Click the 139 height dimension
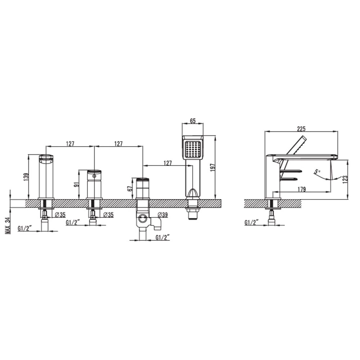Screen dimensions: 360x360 [26, 177]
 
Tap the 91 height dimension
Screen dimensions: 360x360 [77, 184]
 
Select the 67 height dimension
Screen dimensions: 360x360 [130, 189]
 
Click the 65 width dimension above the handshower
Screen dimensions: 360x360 [193, 121]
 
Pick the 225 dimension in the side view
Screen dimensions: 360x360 [301, 129]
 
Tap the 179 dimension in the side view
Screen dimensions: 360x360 [302, 189]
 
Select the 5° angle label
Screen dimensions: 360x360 [317, 171]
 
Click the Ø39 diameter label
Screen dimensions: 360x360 [163, 215]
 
